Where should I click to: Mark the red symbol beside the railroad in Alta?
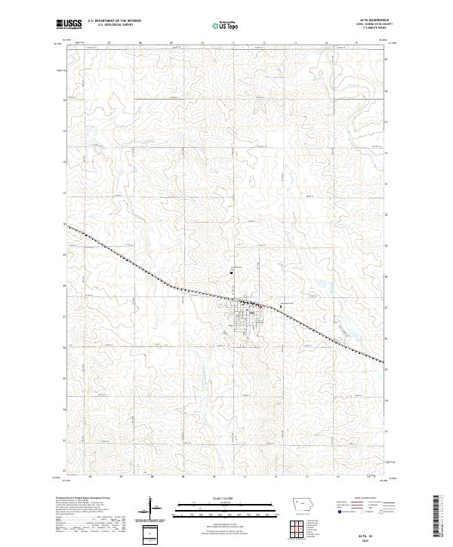tap(261, 306)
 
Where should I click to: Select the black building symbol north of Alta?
tap(233, 272)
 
